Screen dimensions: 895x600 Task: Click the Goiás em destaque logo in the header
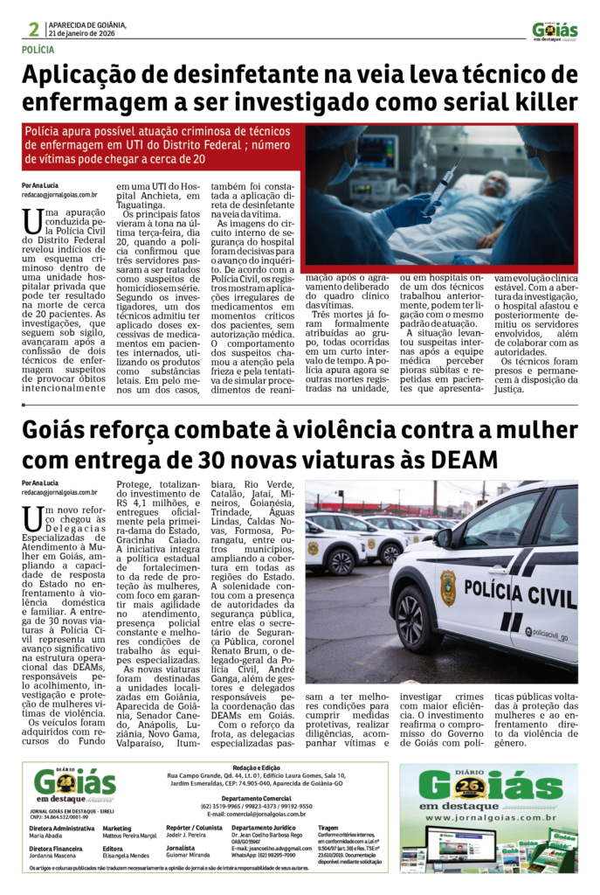click(555, 31)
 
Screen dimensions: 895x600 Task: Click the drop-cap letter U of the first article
click(33, 222)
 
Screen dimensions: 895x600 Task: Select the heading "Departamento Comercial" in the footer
click(253, 798)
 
